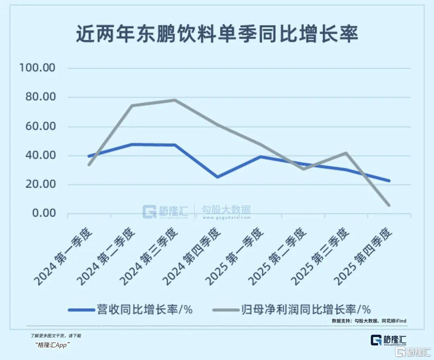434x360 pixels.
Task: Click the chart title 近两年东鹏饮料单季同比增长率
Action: [217, 34]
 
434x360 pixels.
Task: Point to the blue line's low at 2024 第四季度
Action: [218, 177]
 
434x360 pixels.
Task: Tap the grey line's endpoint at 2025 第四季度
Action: [389, 205]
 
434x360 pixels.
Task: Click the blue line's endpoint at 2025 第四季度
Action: [389, 181]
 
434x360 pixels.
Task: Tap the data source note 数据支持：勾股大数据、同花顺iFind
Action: [369, 321]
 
